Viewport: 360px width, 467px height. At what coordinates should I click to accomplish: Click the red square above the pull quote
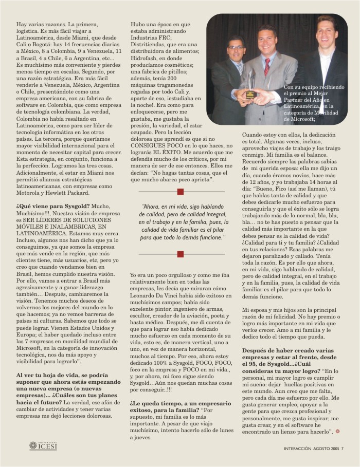(x=180, y=192)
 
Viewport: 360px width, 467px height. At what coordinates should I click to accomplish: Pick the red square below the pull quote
(x=180, y=254)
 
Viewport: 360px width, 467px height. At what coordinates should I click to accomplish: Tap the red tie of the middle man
(x=267, y=66)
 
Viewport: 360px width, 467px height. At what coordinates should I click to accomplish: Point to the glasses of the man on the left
(x=236, y=48)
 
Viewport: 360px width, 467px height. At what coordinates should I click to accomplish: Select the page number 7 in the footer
(x=342, y=449)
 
